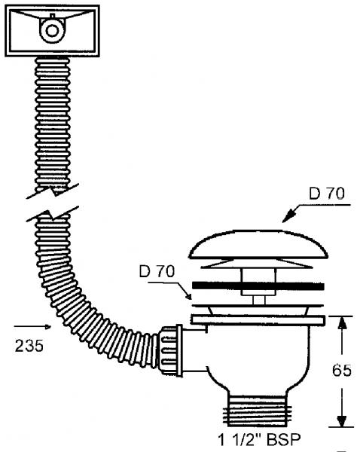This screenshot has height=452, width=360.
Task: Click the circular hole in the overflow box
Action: [53, 31]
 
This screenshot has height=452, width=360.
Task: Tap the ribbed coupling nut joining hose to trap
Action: [169, 348]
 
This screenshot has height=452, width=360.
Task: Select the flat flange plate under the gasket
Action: [258, 319]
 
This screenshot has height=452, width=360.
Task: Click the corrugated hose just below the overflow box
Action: [52, 83]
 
